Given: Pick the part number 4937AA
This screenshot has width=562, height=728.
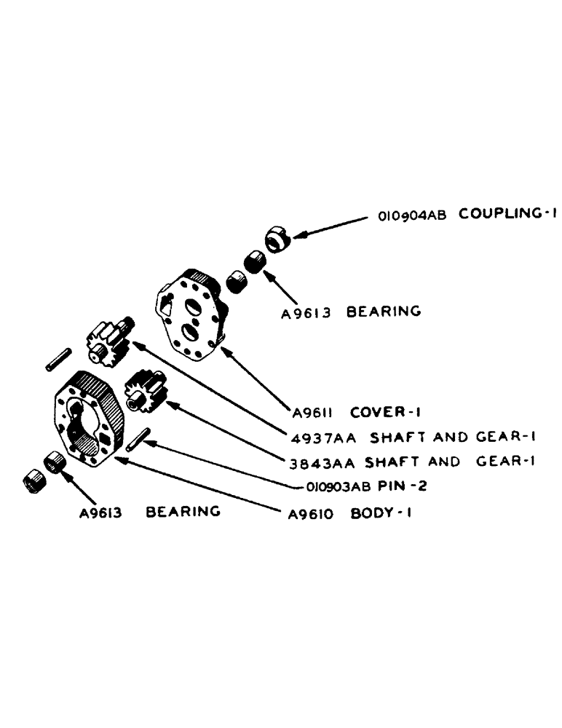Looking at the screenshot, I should (x=317, y=438).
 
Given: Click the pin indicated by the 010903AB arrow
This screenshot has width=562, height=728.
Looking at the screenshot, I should (x=138, y=440).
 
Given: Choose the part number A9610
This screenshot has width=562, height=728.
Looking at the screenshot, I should (x=311, y=514).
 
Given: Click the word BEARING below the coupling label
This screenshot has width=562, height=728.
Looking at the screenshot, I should (x=384, y=312).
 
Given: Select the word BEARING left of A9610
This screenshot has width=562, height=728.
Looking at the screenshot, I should (x=183, y=511).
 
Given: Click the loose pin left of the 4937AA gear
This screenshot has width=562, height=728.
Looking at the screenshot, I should (x=57, y=359).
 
